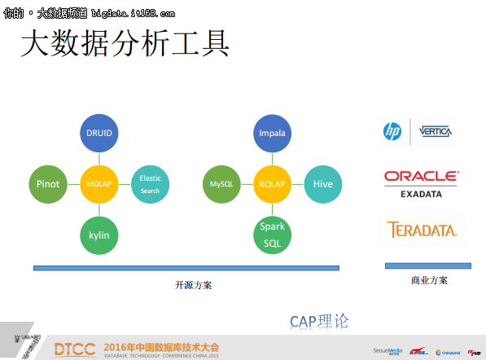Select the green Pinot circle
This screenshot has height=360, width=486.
tap(48, 184)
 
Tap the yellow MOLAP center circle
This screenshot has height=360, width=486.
tap(99, 184)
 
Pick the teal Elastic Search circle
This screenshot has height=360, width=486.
tap(150, 184)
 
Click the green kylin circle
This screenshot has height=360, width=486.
tap(99, 235)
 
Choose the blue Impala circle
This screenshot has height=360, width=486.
tap(271, 133)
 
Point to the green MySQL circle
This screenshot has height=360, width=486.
tap(221, 184)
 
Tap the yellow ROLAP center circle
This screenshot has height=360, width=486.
tap(271, 184)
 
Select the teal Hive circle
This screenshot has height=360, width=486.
tap(322, 184)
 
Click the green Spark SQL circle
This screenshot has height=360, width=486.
tap(271, 235)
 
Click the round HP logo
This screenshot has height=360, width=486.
tap(393, 130)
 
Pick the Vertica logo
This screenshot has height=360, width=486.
tap(436, 131)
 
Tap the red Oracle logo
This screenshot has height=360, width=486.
tap(422, 176)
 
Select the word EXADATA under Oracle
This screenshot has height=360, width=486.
tap(422, 194)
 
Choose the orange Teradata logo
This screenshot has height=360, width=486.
tap(422, 230)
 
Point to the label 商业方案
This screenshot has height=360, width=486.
tap(429, 281)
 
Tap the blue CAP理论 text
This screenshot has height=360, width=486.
tap(319, 321)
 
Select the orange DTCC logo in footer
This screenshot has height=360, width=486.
tap(76, 349)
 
